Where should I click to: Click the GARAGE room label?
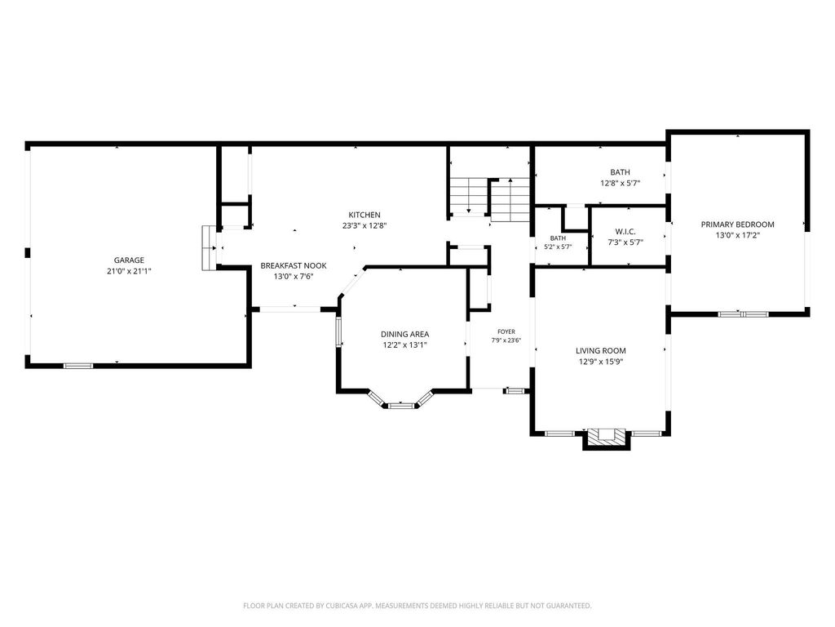(x=129, y=260)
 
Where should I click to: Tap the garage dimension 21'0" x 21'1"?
(x=129, y=271)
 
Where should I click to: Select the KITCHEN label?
(x=364, y=215)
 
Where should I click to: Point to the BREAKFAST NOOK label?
(x=294, y=265)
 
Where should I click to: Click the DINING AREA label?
(x=404, y=334)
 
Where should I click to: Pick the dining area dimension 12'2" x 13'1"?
(x=404, y=345)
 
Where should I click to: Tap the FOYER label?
(x=506, y=331)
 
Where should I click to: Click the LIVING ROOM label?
(x=601, y=351)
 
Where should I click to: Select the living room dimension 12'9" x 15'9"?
(x=601, y=362)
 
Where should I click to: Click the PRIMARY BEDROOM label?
(x=737, y=225)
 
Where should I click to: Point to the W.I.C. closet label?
(x=625, y=231)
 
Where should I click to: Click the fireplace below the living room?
(x=607, y=438)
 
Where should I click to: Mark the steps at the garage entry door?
(x=209, y=248)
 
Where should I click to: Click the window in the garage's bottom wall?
(x=78, y=366)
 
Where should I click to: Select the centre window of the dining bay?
(x=401, y=406)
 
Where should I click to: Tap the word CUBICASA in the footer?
(x=342, y=606)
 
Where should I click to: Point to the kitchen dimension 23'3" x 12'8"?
(x=364, y=225)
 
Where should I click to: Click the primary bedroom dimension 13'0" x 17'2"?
(x=737, y=235)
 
